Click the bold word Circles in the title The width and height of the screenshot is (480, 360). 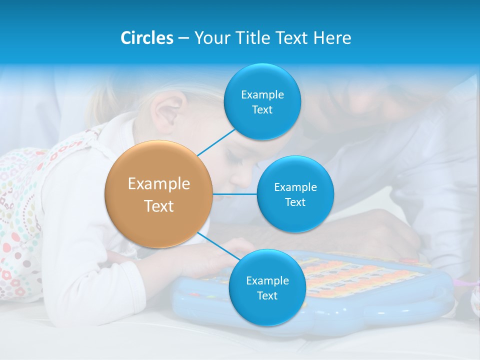(x=147, y=38)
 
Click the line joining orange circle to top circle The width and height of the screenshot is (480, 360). (x=216, y=142)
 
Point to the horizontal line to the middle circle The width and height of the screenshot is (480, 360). (x=235, y=194)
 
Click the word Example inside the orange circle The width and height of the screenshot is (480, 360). (x=159, y=184)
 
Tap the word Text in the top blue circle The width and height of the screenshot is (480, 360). (x=262, y=110)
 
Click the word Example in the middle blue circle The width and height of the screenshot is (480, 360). (x=295, y=187)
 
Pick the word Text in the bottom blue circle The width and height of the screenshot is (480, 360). (x=267, y=296)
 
